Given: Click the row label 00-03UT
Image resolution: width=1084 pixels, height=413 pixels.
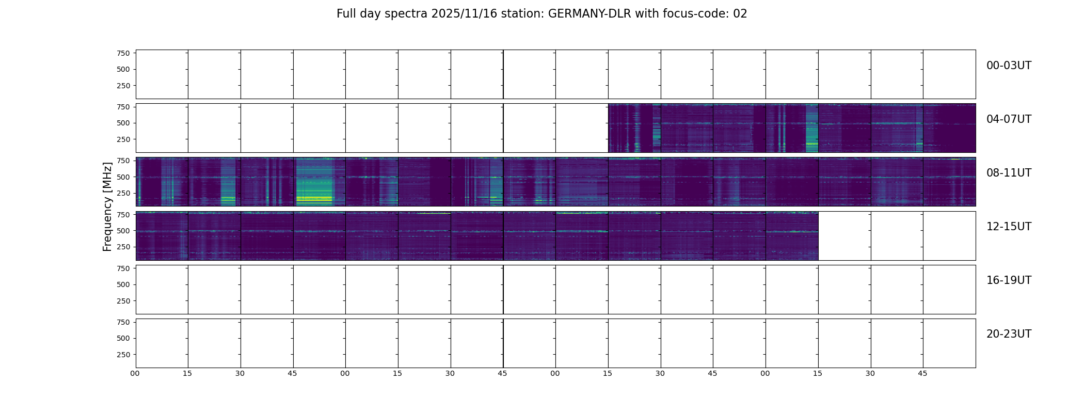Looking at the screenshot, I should click(x=1009, y=66).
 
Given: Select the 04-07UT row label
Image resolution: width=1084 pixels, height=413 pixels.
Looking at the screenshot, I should click(x=1009, y=119).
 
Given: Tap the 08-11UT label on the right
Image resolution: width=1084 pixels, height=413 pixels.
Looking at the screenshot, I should click(x=1009, y=173).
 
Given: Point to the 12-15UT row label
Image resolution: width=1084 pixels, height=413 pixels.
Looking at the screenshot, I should click(x=1009, y=227).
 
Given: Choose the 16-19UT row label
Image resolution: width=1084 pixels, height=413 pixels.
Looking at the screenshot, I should click(x=1009, y=280).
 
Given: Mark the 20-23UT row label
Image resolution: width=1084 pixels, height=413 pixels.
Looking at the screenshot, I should click(x=1009, y=334).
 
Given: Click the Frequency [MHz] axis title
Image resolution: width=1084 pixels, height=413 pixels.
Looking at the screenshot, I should click(x=107, y=206).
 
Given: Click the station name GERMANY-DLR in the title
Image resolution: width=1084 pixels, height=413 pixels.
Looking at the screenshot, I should click(x=589, y=14).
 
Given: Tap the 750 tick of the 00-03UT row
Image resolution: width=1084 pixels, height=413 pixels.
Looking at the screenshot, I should click(x=123, y=53).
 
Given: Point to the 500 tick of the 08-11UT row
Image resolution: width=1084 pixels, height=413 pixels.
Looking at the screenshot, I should click(x=123, y=177).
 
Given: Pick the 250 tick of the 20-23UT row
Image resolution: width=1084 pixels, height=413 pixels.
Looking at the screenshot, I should click(x=123, y=355).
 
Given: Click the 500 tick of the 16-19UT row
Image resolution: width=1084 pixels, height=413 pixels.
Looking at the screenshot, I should click(x=123, y=284).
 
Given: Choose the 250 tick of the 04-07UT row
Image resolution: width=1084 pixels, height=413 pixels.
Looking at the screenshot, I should click(x=123, y=139).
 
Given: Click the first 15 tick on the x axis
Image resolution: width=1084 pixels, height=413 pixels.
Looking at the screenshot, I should click(x=187, y=373).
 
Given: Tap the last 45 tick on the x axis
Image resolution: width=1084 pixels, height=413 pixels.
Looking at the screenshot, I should click(x=922, y=373).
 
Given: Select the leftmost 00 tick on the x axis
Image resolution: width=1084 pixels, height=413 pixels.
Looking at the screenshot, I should click(x=135, y=373).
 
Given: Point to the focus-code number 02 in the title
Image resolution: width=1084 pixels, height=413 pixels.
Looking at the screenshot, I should click(x=740, y=14).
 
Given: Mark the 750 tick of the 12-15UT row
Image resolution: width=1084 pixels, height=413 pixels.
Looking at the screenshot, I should click(x=123, y=214).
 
